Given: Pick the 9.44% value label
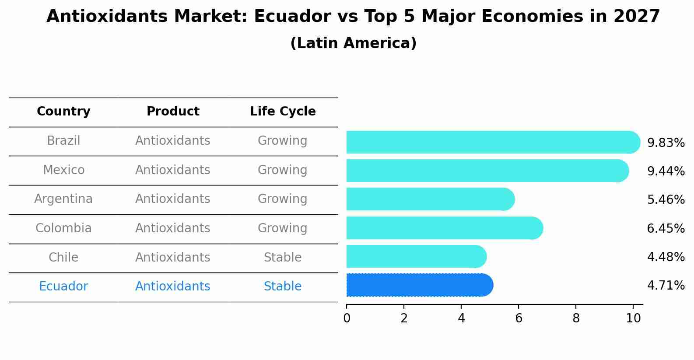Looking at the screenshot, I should (666, 171).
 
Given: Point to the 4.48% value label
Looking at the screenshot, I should (666, 257).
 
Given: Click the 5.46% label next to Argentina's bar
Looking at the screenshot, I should (666, 200).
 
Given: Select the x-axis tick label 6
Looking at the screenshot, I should (519, 318).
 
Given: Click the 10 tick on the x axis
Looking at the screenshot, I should (633, 318).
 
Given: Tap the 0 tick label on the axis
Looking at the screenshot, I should (347, 318).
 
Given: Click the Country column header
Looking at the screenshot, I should (63, 112).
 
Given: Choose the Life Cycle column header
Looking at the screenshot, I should (283, 112).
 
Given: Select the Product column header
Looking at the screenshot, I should (173, 112).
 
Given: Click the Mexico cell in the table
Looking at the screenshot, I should (63, 170).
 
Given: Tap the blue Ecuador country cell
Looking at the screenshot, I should (63, 287).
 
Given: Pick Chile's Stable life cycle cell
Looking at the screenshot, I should (283, 257).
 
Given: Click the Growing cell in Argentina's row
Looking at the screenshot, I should (283, 199).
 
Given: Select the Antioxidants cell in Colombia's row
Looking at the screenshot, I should (173, 228).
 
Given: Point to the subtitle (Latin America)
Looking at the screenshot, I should (353, 43).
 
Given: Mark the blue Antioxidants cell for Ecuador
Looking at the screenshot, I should (173, 287).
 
